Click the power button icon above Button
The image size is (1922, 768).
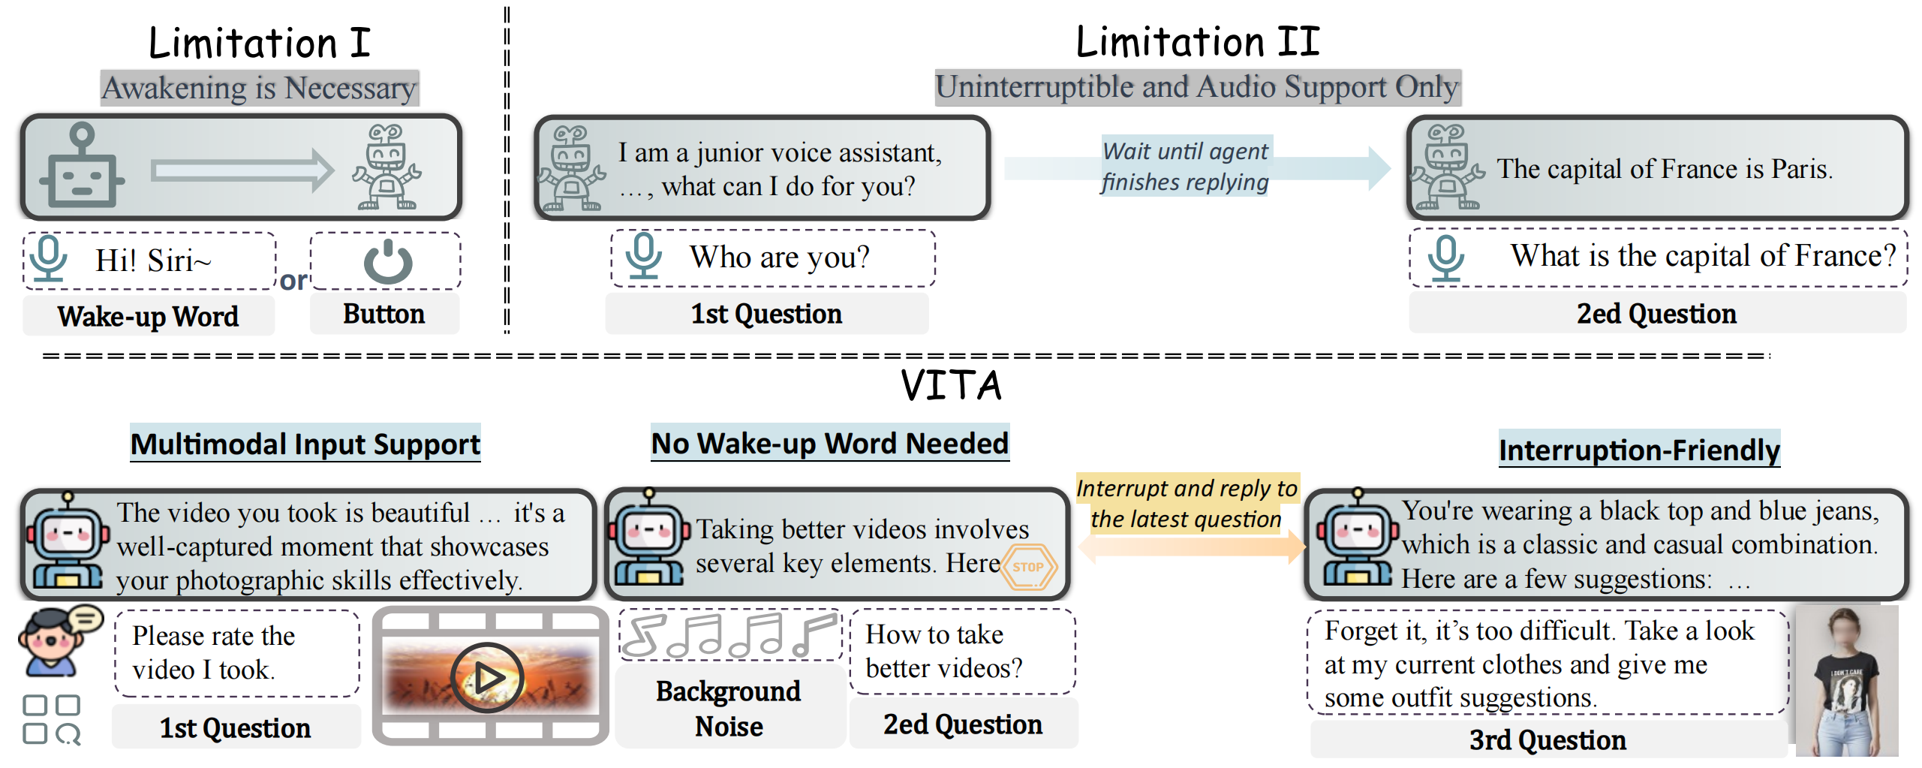pyautogui.click(x=387, y=262)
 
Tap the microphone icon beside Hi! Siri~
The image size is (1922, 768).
pyautogui.click(x=50, y=259)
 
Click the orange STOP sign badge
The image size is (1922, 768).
pyautogui.click(x=1028, y=567)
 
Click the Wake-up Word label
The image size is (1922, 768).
pyautogui.click(x=148, y=316)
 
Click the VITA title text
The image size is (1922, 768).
pyautogui.click(x=951, y=385)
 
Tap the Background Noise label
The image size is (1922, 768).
pyautogui.click(x=728, y=708)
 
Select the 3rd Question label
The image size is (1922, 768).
pyautogui.click(x=1547, y=739)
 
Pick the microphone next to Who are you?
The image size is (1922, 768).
pyautogui.click(x=643, y=257)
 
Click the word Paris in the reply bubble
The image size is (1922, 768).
pyautogui.click(x=1800, y=169)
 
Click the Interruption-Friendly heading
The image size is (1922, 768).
pyautogui.click(x=1639, y=450)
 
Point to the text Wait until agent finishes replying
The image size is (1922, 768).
pyautogui.click(x=1185, y=167)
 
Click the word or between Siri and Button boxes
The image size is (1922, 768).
pyautogui.click(x=293, y=280)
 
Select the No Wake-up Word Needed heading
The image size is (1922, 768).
pyautogui.click(x=829, y=443)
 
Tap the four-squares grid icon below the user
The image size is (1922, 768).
pyautogui.click(x=51, y=719)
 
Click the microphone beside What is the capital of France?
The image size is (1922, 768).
pyautogui.click(x=1445, y=258)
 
